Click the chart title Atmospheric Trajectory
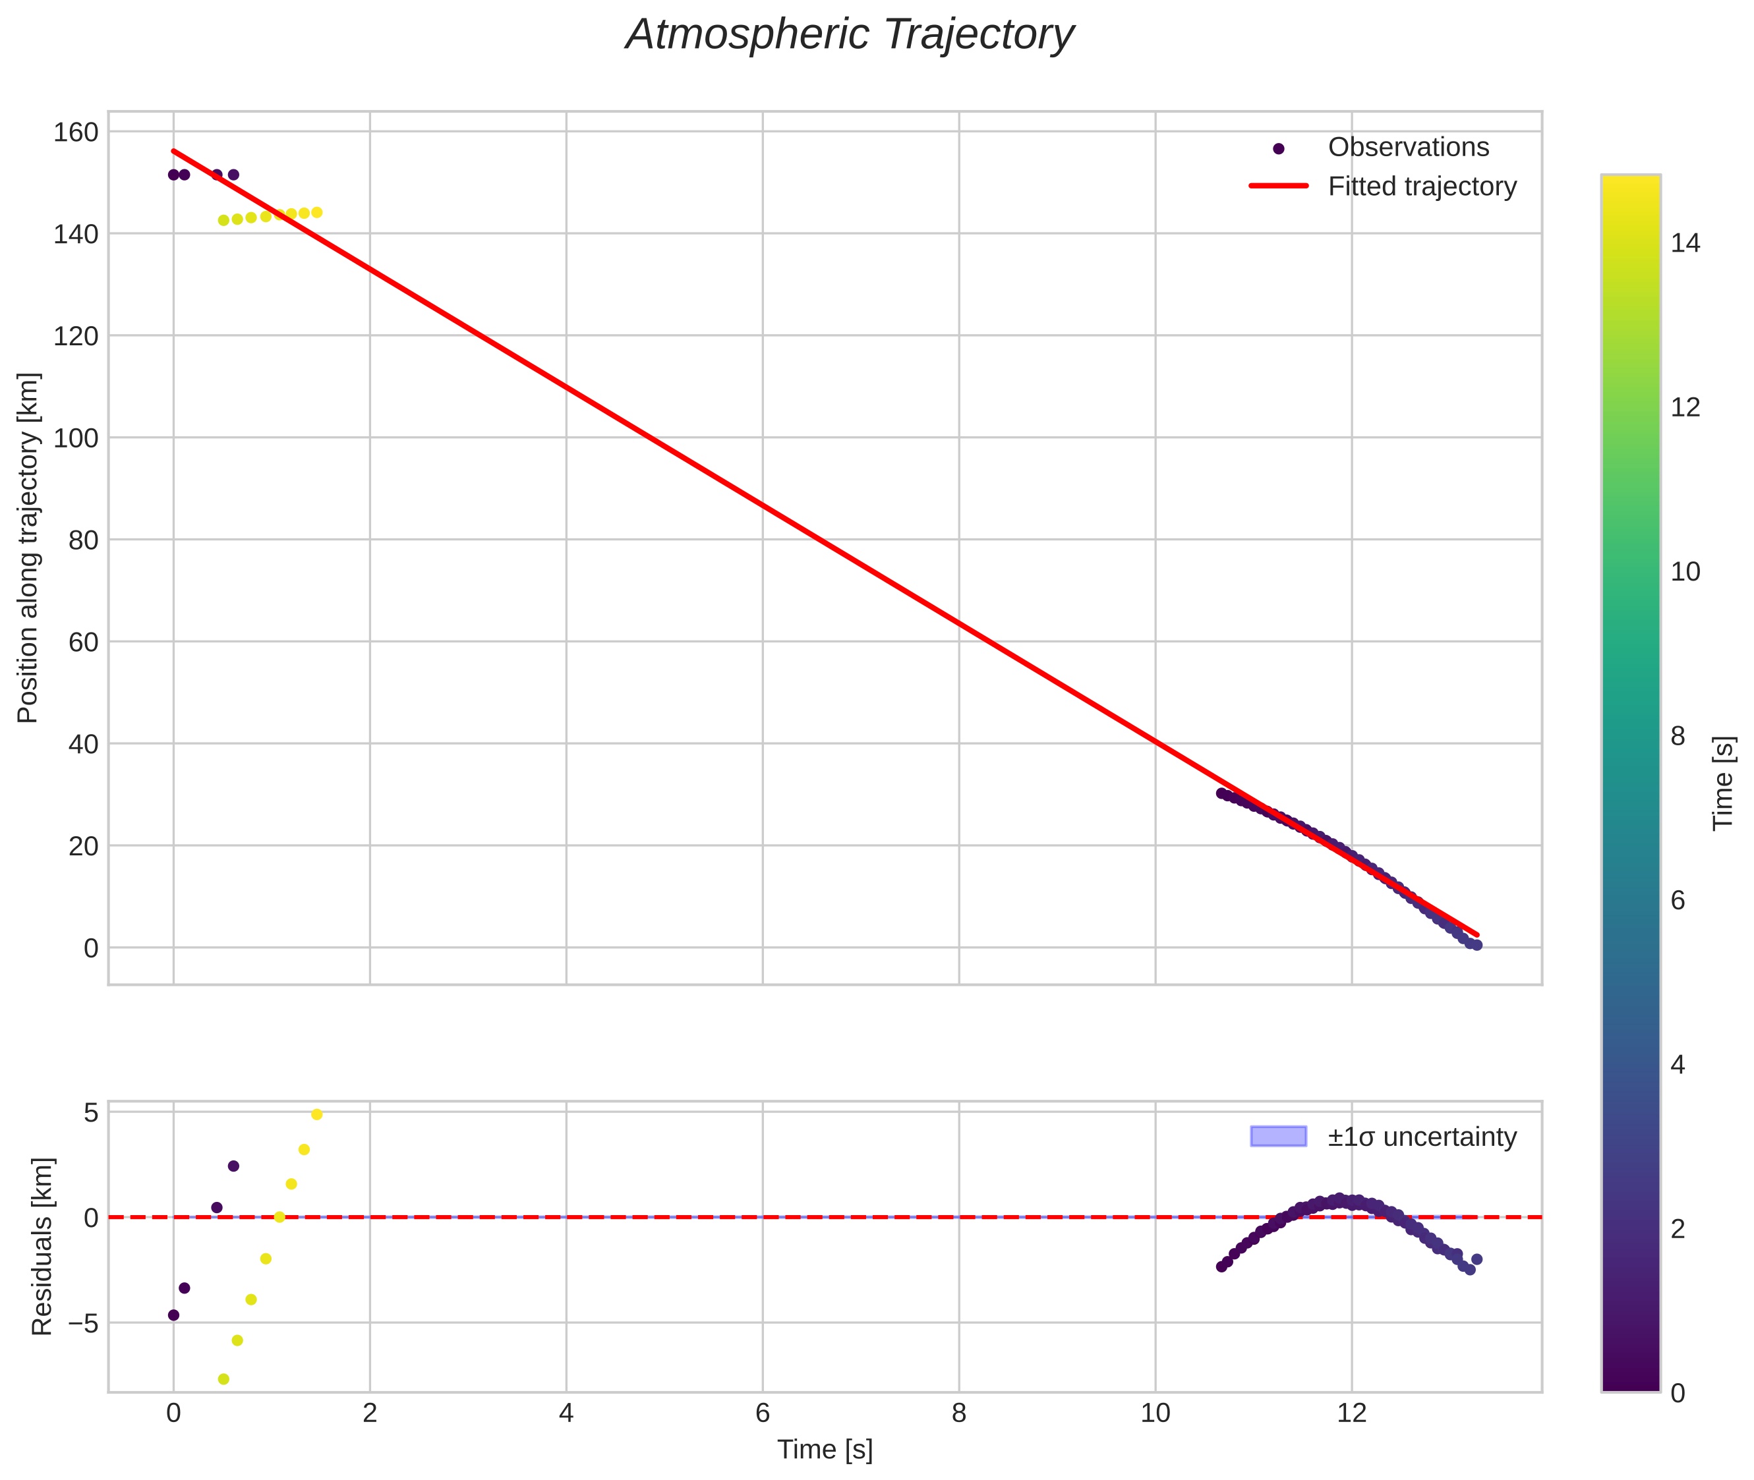coord(849,35)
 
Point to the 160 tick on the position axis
coord(76,132)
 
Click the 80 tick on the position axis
coord(83,540)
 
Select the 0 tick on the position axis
coord(91,949)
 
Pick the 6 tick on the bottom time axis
coord(762,1413)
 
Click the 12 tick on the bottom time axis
coord(1351,1413)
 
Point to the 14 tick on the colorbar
coord(1685,243)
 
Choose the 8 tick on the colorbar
coord(1678,737)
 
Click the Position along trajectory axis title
coord(28,547)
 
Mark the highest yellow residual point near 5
coord(316,1114)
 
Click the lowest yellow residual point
coord(223,1379)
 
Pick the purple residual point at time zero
coord(174,1315)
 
